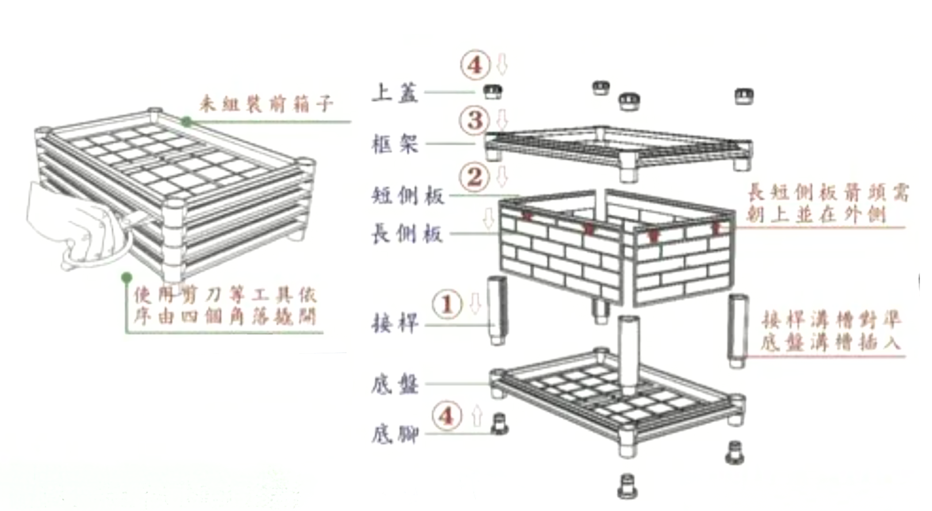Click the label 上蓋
pos(395,92)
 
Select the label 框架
pos(395,144)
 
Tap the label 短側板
pos(408,196)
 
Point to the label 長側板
pos(408,234)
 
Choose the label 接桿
pos(395,323)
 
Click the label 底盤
pos(395,384)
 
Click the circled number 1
pos(447,304)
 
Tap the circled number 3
pos(475,120)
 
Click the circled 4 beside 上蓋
pos(475,64)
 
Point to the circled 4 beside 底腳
pos(447,415)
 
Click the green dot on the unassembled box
pos(186,121)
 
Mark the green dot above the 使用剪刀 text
pos(127,279)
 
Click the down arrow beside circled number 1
pos(475,303)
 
